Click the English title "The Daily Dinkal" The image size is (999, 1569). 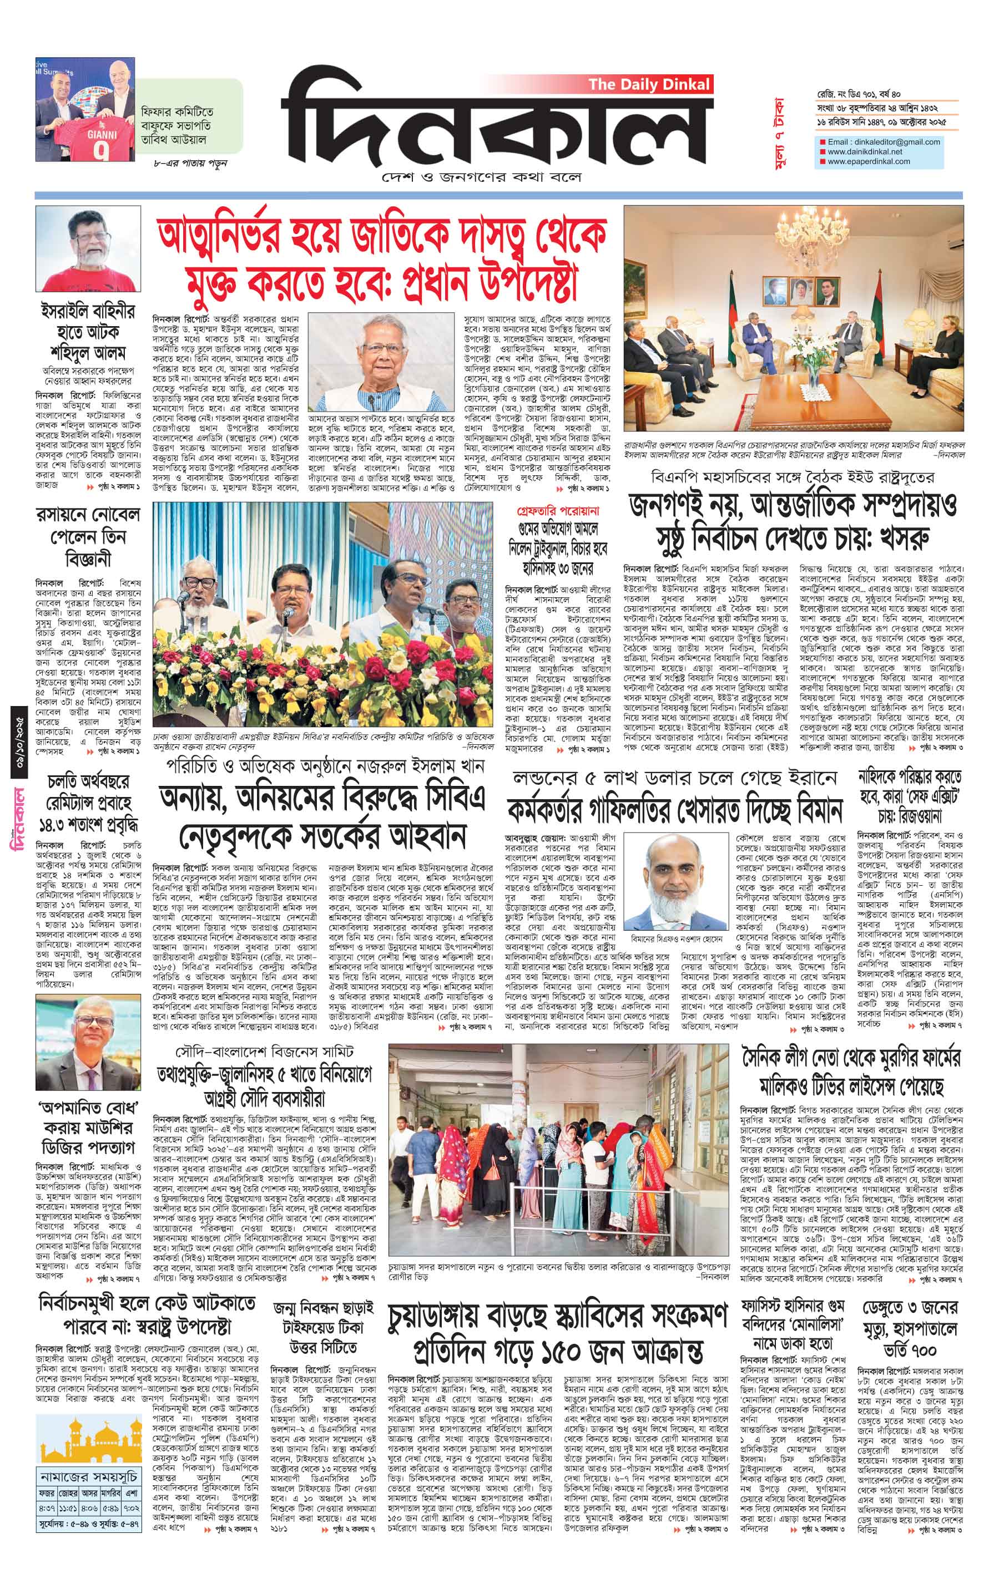(648, 84)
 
